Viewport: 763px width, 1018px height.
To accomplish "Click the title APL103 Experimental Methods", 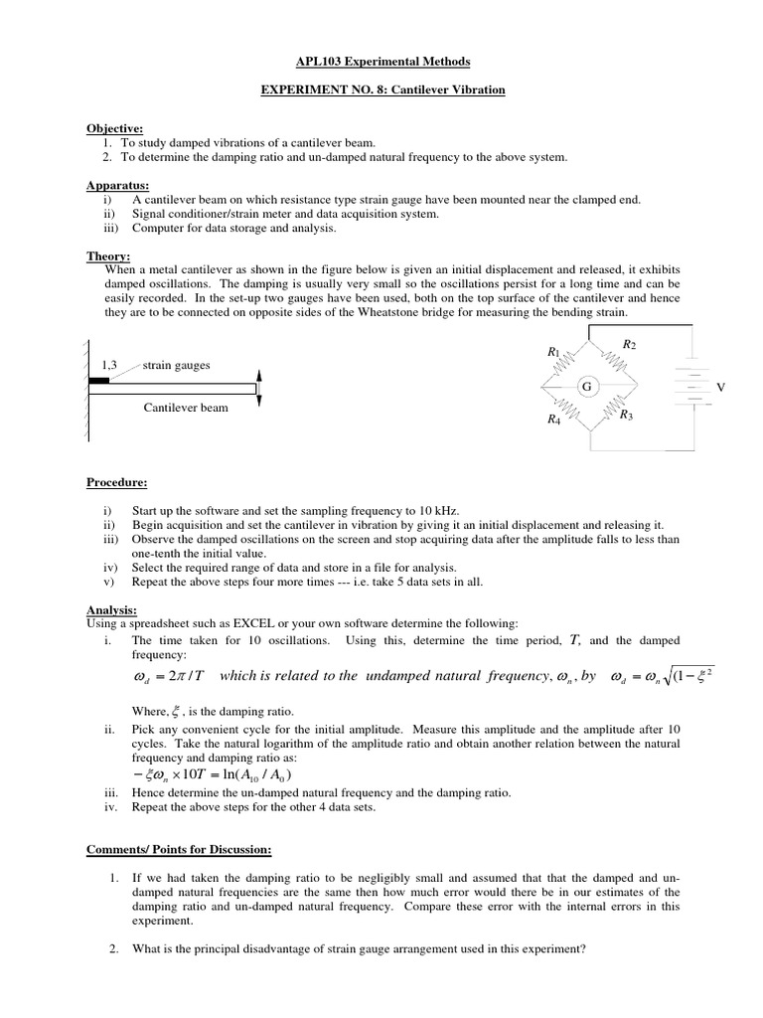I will [381, 62].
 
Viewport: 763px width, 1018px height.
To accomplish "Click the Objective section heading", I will [114, 128].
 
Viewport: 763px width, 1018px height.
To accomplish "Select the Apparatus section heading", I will [117, 185].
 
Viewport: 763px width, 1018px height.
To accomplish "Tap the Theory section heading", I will [108, 255].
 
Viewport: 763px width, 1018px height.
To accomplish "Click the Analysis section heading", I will [112, 609].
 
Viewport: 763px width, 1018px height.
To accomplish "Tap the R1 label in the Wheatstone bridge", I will [553, 352].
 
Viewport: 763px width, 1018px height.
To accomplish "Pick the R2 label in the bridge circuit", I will [628, 344].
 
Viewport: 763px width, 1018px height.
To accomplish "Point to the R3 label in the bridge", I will [626, 416].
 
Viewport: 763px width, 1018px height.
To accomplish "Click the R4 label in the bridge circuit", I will [553, 420].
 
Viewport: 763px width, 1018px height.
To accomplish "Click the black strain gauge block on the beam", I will [99, 380].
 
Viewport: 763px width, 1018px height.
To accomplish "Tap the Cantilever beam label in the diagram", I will [186, 408].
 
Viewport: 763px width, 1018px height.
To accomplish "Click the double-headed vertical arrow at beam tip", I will [259, 387].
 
